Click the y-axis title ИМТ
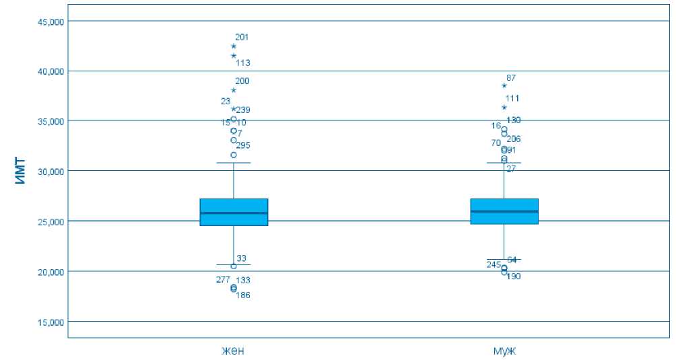(x=20, y=171)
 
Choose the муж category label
(x=504, y=350)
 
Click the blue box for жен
(x=234, y=212)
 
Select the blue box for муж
(x=504, y=211)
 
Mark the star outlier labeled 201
(x=234, y=46)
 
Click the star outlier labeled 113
(x=234, y=56)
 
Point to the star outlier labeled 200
(x=234, y=90)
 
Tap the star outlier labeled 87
(x=504, y=85)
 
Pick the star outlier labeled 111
(x=504, y=107)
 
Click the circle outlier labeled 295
(x=234, y=155)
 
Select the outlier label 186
(x=243, y=295)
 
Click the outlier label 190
(x=514, y=277)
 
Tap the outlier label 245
(x=494, y=264)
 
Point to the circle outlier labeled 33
(x=234, y=266)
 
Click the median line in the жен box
(x=234, y=213)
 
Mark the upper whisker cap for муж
(x=504, y=163)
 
